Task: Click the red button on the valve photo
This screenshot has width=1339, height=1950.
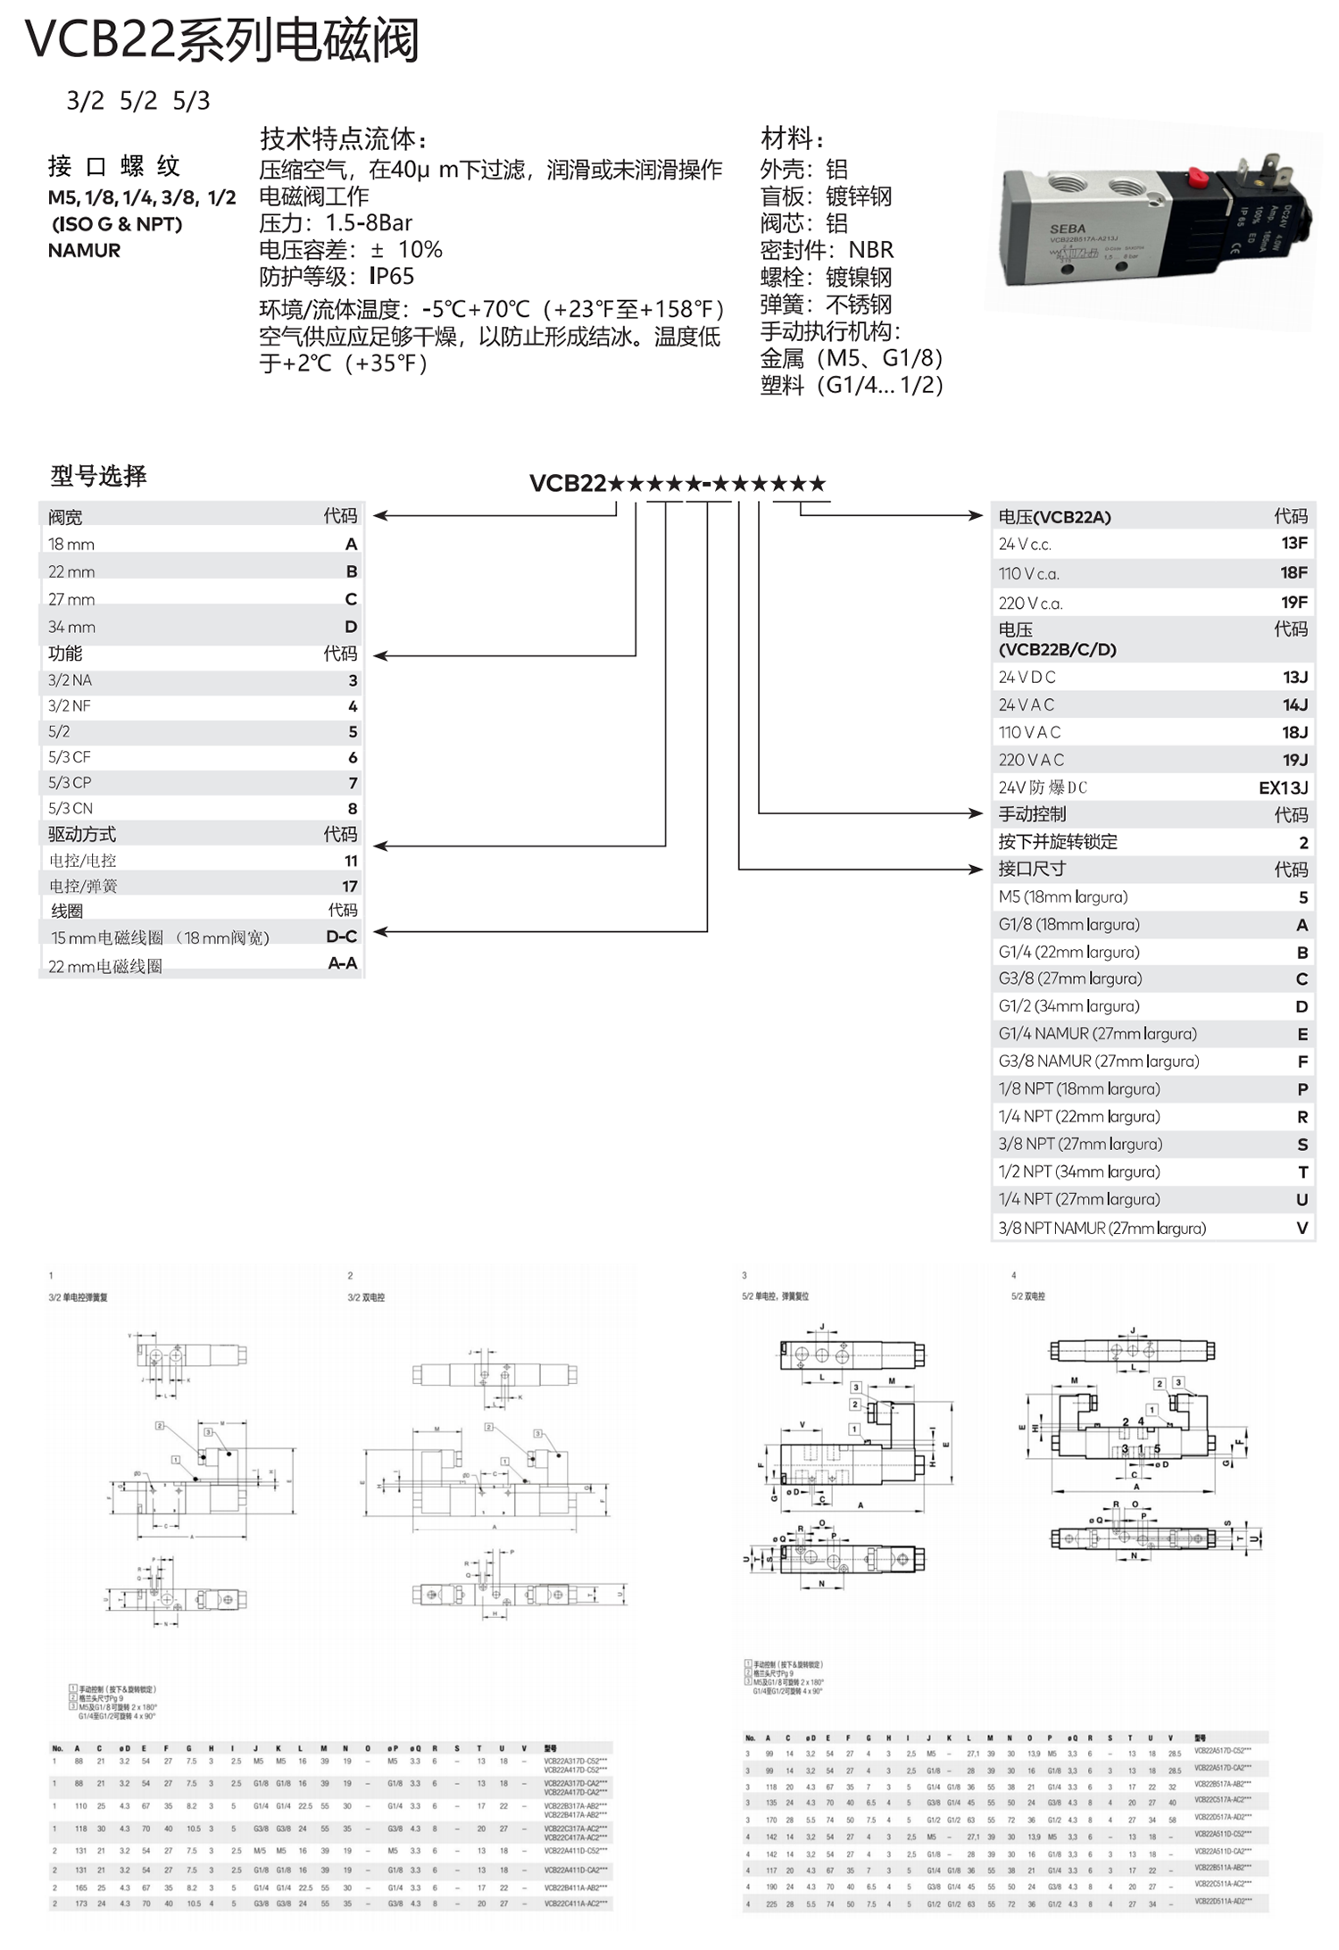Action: coord(1197,179)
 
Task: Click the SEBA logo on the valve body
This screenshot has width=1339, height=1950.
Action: coord(1068,229)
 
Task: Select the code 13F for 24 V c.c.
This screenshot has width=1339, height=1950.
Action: coord(1293,543)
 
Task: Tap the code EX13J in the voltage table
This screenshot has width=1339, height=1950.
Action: coord(1283,787)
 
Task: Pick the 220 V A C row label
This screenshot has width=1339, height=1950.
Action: coord(1031,760)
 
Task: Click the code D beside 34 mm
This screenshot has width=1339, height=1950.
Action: coord(351,627)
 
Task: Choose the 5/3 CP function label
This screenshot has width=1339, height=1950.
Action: coord(70,782)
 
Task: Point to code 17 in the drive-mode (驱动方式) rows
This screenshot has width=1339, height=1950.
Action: coord(349,886)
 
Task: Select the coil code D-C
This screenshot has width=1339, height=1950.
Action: coord(341,937)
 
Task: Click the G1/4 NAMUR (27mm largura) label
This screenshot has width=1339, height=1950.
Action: coord(1097,1034)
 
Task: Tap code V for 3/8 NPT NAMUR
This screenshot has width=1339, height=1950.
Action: coord(1302,1228)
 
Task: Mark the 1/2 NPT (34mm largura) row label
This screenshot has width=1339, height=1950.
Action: coord(1078,1171)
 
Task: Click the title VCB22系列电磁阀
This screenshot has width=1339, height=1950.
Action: coord(222,40)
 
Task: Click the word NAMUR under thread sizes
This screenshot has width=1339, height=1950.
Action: coord(84,250)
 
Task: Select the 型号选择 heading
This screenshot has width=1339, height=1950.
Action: coord(98,476)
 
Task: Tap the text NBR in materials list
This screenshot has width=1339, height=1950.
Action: coord(870,249)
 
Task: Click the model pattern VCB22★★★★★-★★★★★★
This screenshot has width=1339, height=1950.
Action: coord(678,484)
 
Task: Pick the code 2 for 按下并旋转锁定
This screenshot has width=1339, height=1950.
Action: coord(1303,842)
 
